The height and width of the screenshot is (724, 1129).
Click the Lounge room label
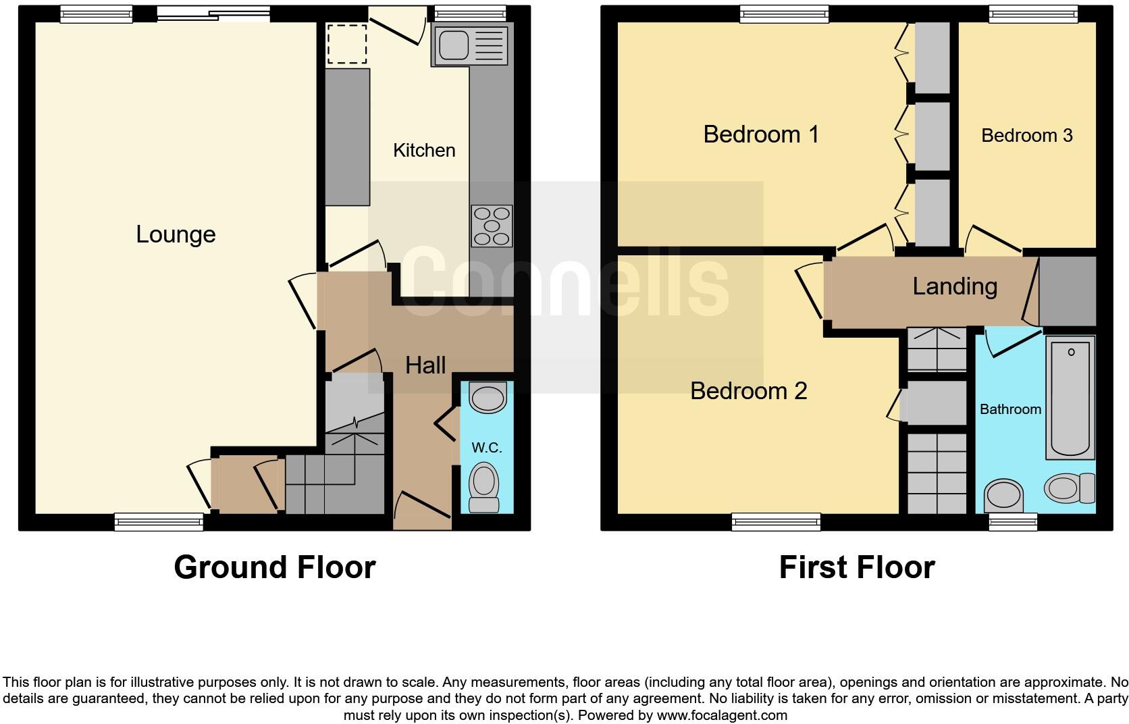(176, 234)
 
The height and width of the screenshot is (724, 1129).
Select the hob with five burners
(492, 226)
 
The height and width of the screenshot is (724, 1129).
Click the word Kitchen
(424, 150)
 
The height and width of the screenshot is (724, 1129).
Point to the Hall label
(425, 365)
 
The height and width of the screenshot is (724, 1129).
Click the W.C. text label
(486, 448)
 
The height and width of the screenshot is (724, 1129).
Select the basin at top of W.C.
(488, 398)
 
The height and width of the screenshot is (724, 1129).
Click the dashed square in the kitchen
(347, 45)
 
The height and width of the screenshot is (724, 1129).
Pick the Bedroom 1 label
(761, 134)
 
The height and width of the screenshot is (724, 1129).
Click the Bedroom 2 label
(748, 391)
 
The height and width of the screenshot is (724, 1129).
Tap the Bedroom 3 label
(1026, 136)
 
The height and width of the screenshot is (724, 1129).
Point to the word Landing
(955, 286)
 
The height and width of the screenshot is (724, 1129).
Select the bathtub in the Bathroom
(1071, 397)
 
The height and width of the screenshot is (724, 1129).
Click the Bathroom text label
(1010, 409)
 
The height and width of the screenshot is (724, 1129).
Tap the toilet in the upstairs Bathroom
(1070, 487)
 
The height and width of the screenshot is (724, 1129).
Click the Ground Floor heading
(274, 567)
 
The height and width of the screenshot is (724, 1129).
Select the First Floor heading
(857, 567)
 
